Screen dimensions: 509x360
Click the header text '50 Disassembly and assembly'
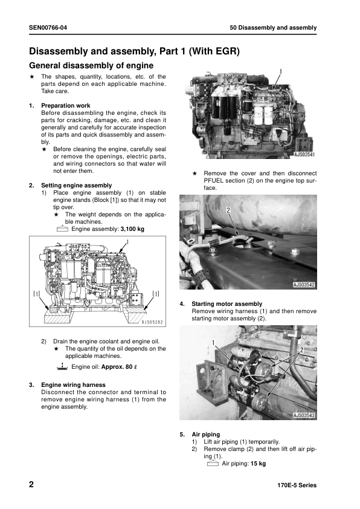click(273, 28)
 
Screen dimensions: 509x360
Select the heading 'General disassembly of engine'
click(91, 65)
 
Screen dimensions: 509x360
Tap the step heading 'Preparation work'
click(65, 106)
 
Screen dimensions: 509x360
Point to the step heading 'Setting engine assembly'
click(76, 185)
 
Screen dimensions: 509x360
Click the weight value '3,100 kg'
click(132, 229)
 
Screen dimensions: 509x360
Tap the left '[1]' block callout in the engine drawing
click(37, 294)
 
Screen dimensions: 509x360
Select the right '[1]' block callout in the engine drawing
click(156, 294)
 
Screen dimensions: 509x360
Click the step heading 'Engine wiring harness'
click(73, 384)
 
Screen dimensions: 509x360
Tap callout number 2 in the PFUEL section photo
click(229, 211)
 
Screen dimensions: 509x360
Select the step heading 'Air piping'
click(205, 434)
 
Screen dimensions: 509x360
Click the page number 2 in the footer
click(31, 485)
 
